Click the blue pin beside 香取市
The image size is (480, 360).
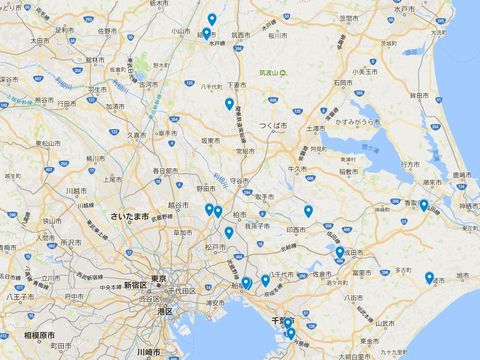(424, 206)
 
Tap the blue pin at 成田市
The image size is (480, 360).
(340, 253)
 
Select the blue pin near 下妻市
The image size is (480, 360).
(229, 104)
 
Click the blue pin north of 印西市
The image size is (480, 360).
(308, 211)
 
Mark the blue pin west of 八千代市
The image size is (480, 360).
(265, 281)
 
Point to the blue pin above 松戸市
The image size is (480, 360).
(229, 233)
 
